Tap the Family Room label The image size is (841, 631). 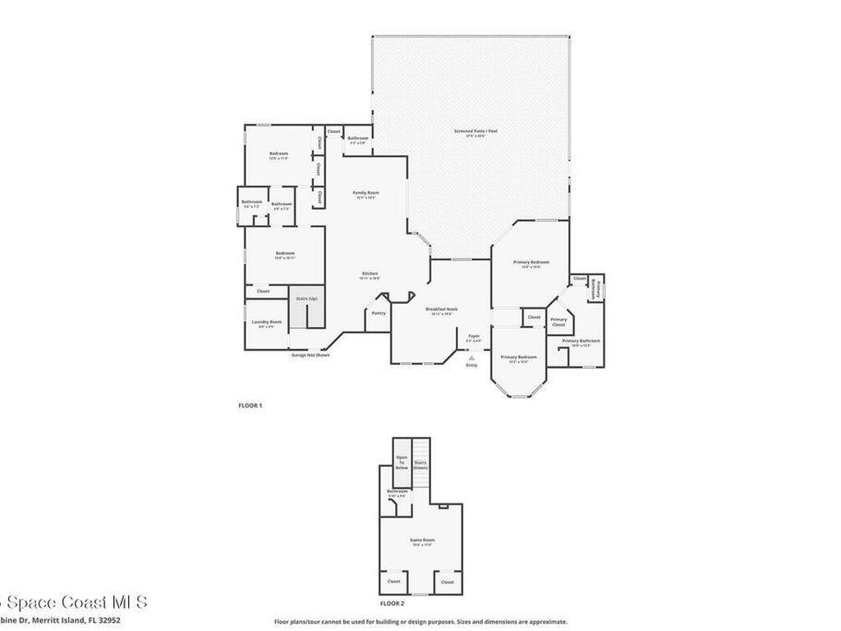[365, 192]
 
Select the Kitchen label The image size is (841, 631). [370, 274]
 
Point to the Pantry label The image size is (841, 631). [378, 313]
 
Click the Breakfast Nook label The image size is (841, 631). [441, 309]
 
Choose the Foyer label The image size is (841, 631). [474, 336]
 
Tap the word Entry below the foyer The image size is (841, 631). [471, 365]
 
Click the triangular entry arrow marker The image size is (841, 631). [471, 357]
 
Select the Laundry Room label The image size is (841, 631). [266, 321]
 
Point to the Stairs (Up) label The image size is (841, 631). [307, 298]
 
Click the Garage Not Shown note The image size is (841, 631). [310, 355]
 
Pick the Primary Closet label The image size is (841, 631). [558, 322]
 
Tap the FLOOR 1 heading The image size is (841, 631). [250, 405]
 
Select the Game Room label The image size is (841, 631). [421, 540]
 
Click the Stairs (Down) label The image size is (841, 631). [420, 464]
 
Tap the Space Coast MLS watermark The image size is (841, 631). [74, 602]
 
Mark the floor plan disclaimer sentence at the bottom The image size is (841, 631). [420, 622]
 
